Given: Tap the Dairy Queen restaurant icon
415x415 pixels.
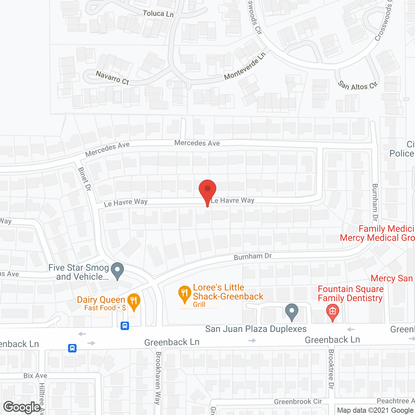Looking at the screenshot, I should tap(134, 301).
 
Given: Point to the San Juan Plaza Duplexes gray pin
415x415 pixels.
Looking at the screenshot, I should tap(292, 311).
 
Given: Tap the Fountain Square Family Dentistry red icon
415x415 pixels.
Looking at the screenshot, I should tap(332, 312).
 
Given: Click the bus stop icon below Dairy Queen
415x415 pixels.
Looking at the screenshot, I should tap(125, 326).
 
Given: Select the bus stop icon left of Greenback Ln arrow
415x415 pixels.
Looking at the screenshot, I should tap(72, 348).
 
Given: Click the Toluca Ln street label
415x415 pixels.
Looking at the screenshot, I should tap(158, 14).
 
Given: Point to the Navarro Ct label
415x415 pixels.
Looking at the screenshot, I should tap(113, 78).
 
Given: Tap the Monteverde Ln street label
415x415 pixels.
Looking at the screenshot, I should tap(245, 66).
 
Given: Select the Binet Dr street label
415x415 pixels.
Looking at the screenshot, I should tap(84, 179).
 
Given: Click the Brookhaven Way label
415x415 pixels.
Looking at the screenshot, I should tap(158, 378).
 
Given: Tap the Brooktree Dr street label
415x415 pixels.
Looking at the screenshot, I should tap(331, 369).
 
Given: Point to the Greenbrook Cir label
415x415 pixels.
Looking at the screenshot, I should tap(298, 402).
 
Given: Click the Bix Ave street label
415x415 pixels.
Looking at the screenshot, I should tap(35, 376).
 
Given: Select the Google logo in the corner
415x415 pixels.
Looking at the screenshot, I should tap(22, 407).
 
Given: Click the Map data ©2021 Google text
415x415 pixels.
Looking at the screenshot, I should tap(375, 410).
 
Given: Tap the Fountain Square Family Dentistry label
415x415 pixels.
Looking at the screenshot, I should tap(350, 293).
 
